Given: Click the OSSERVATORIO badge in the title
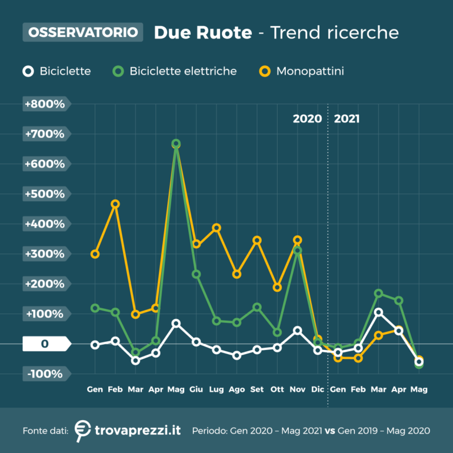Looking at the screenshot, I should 83,32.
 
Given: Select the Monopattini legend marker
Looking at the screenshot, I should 265,71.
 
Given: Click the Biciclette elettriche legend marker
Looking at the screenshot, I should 118,71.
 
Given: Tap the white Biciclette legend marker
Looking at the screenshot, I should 28,71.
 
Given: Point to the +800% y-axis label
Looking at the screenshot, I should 44,104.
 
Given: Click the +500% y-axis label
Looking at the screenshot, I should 44,194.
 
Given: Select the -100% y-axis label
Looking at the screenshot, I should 44,374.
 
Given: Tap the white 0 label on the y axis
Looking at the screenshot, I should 44,344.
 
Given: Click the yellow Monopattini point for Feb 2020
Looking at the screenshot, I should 115,204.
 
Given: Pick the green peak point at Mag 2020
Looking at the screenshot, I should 176,144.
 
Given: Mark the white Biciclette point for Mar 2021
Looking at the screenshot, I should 378,312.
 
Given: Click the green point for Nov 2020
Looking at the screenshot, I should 298,251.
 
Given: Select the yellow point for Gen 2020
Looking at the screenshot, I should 95,254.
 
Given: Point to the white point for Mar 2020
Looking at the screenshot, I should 135,360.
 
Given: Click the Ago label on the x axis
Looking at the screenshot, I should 237,389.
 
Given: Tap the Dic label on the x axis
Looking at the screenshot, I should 318,389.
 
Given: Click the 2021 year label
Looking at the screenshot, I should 347,119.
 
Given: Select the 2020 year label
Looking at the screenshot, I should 307,119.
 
